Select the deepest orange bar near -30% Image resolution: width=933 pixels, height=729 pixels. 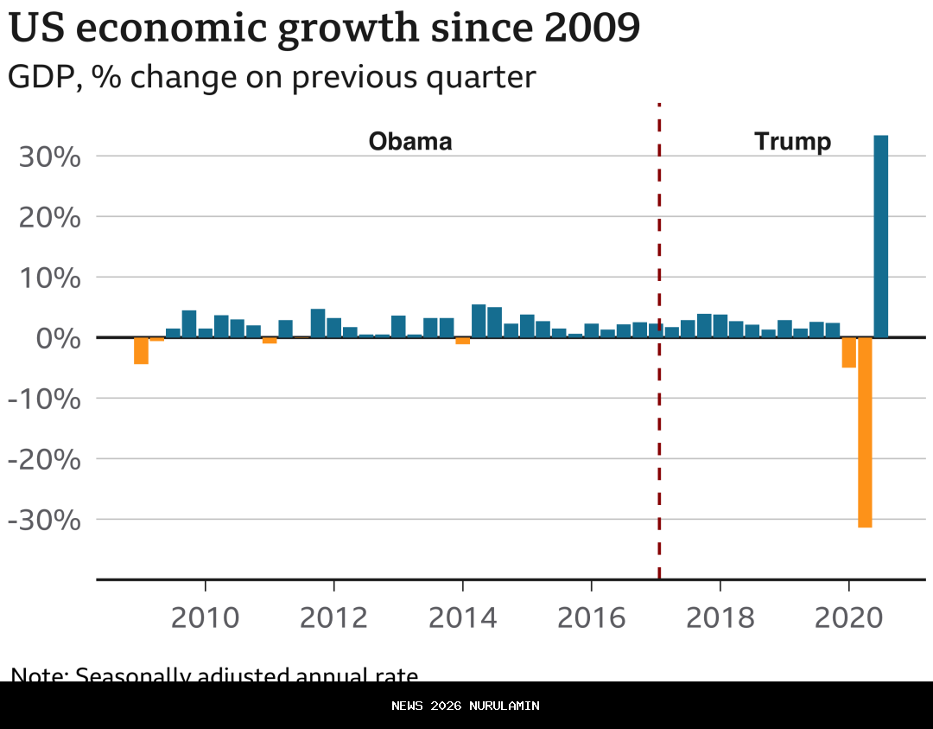pyautogui.click(x=865, y=432)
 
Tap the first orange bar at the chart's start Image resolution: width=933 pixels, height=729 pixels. pyautogui.click(x=141, y=350)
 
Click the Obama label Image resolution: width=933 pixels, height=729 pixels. pyautogui.click(x=410, y=142)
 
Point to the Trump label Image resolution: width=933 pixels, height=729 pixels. pyautogui.click(x=792, y=142)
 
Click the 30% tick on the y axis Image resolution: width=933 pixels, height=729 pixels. pyautogui.click(x=49, y=157)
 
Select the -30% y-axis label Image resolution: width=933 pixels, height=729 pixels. pyautogui.click(x=44, y=521)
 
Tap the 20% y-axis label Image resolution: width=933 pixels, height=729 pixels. pyautogui.click(x=49, y=218)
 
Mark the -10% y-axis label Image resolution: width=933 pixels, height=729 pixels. pyautogui.click(x=44, y=400)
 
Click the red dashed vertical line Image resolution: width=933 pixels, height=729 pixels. pyautogui.click(x=659, y=432)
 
